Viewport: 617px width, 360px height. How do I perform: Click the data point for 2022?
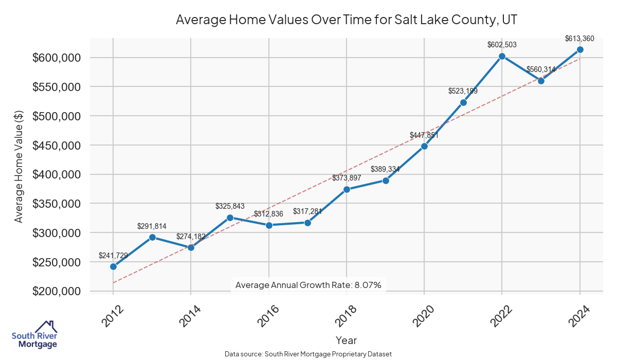pyautogui.click(x=502, y=56)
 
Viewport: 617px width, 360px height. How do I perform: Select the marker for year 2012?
pyautogui.click(x=113, y=266)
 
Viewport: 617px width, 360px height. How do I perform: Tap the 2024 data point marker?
pyautogui.click(x=580, y=49)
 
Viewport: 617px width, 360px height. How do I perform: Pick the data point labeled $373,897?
pyautogui.click(x=347, y=189)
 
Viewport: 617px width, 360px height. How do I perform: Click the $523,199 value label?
pyautogui.click(x=463, y=91)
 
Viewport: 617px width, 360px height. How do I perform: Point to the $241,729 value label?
pyautogui.click(x=113, y=255)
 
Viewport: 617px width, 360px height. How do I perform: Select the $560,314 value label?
pyautogui.click(x=541, y=69)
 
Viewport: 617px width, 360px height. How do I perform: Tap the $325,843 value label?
pyautogui.click(x=230, y=206)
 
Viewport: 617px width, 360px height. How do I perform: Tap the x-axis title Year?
pyautogui.click(x=346, y=340)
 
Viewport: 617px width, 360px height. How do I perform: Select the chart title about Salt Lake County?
pyautogui.click(x=346, y=20)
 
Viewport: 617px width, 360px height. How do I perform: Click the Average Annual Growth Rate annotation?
pyautogui.click(x=308, y=285)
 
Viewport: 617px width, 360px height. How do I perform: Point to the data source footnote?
pyautogui.click(x=308, y=354)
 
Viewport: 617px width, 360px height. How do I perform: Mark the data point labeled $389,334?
pyautogui.click(x=386, y=181)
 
